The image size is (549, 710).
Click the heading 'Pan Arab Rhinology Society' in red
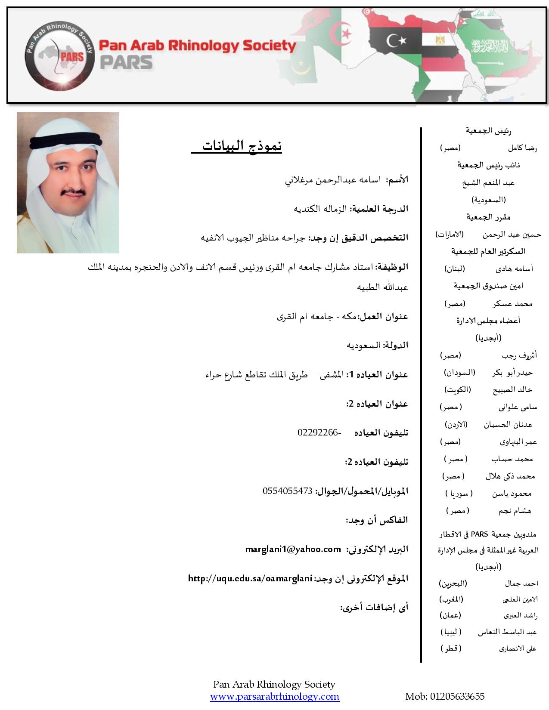(198, 46)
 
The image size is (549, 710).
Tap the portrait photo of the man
(68, 182)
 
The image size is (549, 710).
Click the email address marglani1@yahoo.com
(293, 549)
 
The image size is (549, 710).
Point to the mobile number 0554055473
(287, 491)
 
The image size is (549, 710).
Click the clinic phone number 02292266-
(319, 432)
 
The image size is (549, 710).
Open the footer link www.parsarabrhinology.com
(275, 696)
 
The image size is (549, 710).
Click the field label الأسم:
(397, 180)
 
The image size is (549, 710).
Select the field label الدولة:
(395, 345)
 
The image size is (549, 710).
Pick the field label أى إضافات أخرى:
(374, 608)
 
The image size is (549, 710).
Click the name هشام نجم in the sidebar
(515, 511)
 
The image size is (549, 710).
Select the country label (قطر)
(451, 648)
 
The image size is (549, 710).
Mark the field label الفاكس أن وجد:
(377, 520)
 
